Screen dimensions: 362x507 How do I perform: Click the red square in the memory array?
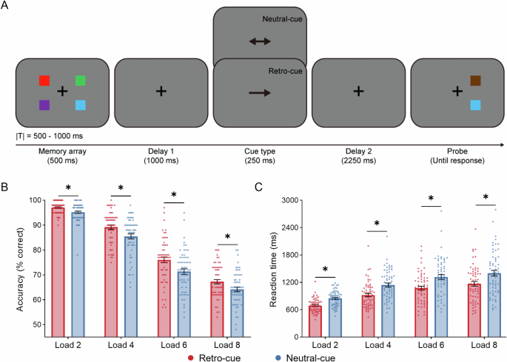point(44,81)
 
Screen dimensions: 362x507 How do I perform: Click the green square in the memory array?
point(81,81)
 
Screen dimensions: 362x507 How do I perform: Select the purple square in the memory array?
point(44,105)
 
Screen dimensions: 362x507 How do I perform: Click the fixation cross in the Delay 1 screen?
point(161,91)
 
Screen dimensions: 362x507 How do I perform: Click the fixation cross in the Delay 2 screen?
point(358,91)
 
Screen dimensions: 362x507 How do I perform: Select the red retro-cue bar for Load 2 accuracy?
point(58,273)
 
